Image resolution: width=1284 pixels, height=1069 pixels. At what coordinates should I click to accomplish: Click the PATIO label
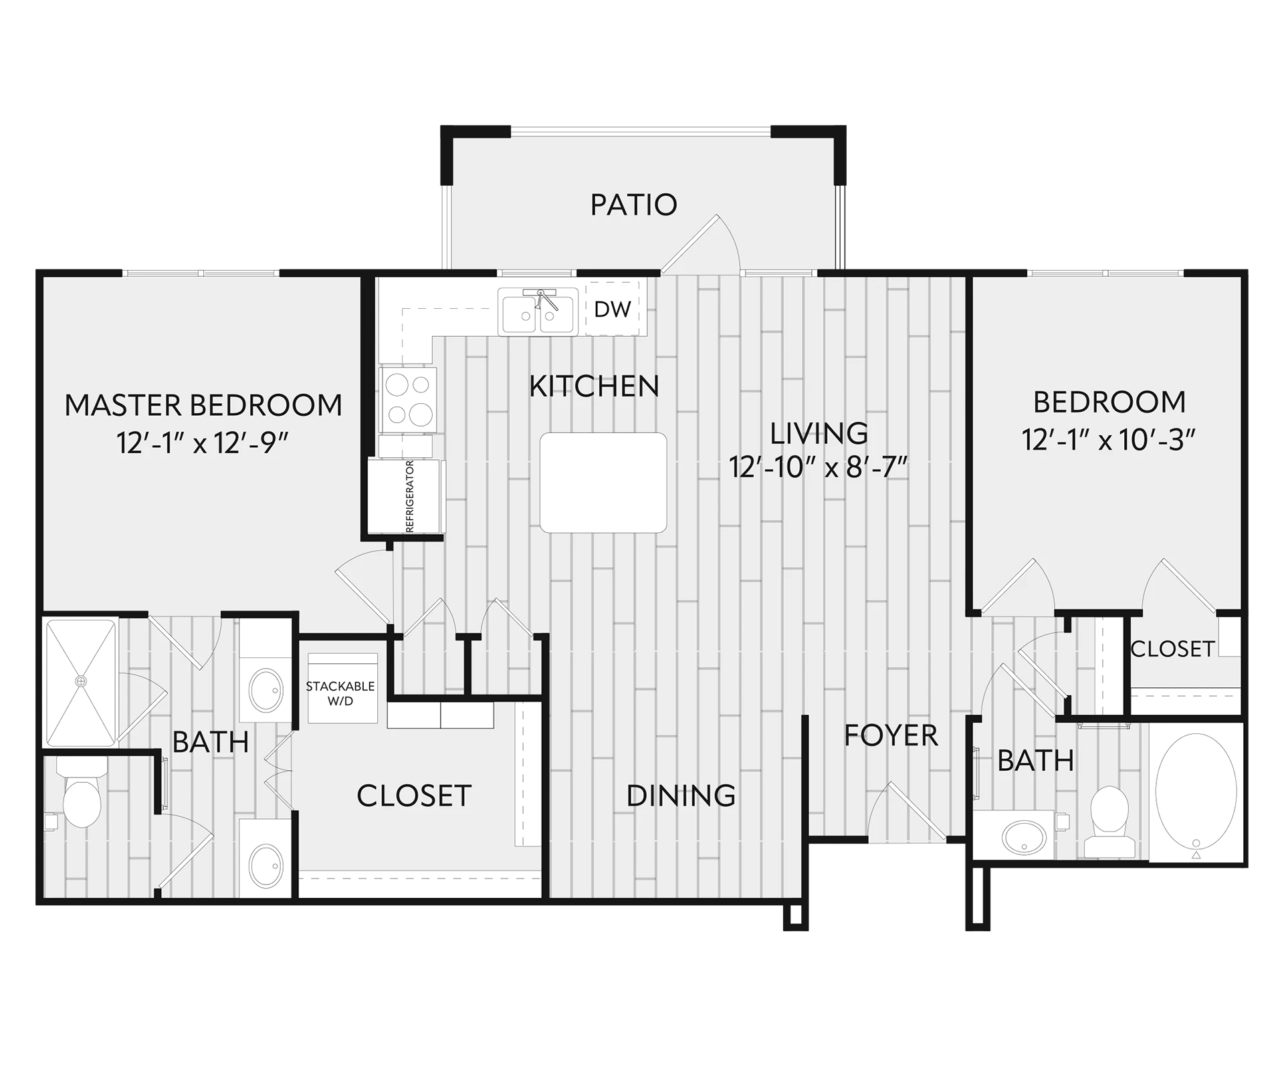pos(633,205)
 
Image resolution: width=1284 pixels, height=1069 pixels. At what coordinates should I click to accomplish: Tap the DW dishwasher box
pos(613,309)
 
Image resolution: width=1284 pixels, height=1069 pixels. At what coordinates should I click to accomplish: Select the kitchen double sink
pos(538,311)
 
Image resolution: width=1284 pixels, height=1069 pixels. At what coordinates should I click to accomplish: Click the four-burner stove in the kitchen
pos(408,400)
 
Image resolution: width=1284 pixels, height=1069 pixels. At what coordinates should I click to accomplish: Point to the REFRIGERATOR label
pos(410,496)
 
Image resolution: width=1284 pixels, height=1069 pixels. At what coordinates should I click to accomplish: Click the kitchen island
pos(603,482)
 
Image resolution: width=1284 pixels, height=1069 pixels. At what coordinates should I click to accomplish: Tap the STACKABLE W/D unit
pos(342,689)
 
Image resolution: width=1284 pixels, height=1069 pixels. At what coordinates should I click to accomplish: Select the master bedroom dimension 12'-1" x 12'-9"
pos(203,443)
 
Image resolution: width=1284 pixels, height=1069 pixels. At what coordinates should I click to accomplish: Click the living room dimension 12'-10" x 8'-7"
pos(819,467)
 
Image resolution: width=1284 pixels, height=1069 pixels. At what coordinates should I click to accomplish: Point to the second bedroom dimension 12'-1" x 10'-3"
pos(1109,440)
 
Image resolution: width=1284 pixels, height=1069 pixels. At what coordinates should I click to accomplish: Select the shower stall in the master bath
pos(80,683)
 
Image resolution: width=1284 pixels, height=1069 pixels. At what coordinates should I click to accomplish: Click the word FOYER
pos(891,735)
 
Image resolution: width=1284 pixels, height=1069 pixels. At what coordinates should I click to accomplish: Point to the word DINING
pos(681,796)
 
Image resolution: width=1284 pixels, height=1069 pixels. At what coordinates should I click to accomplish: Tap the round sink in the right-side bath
pos(1024,836)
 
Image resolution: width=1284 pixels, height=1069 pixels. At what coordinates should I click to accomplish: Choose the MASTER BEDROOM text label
pos(203,405)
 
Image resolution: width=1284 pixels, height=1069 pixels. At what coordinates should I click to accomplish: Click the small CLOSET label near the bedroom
pos(1172,648)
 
